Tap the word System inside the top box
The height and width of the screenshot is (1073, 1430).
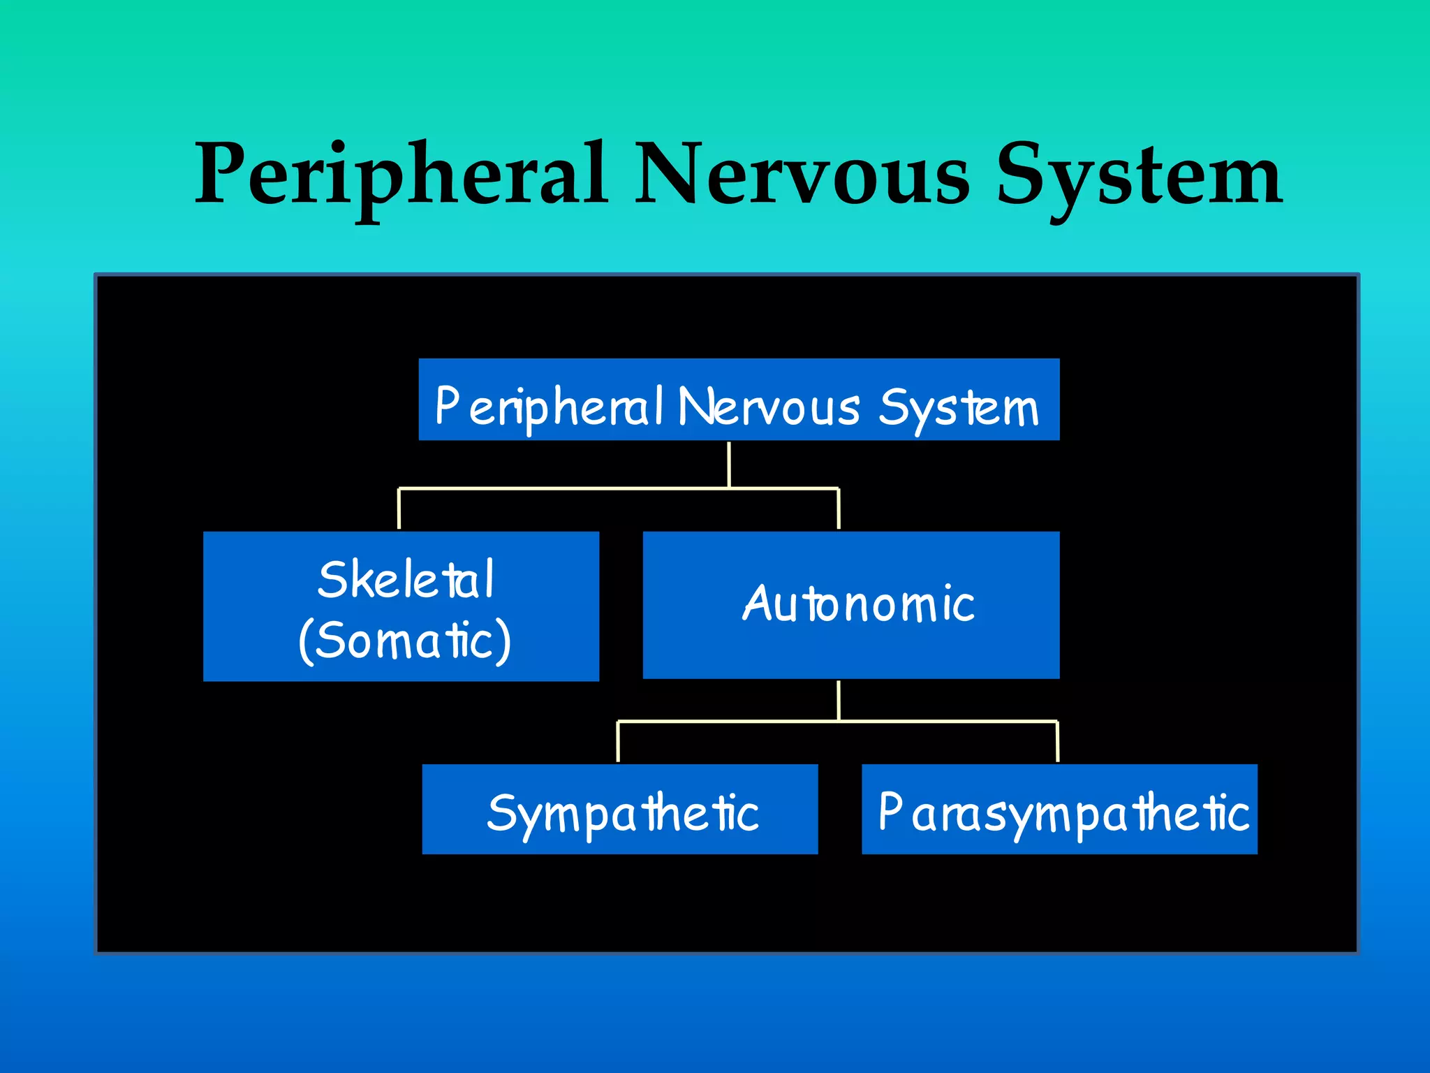point(958,408)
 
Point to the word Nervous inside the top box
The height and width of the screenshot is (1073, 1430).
point(768,408)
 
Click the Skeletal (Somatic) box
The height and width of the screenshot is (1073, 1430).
point(401,606)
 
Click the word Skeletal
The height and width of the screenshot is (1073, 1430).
point(405,580)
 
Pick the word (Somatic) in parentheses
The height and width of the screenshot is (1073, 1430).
point(405,640)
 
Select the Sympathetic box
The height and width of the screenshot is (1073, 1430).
point(620,809)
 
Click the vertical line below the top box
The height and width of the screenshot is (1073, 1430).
point(729,464)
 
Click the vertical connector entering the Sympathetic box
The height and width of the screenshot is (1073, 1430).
point(618,742)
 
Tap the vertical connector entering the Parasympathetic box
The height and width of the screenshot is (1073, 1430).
point(1058,742)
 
